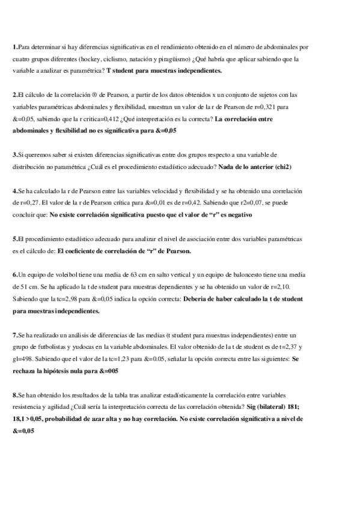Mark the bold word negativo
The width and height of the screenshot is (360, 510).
[x=238, y=214]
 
